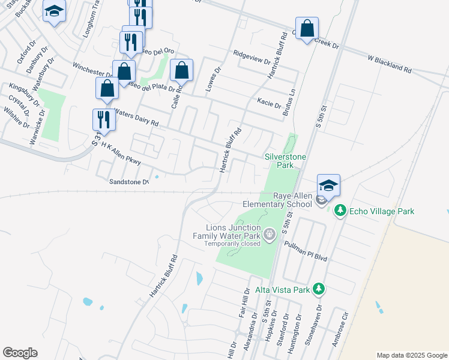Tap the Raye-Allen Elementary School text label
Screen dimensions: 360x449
point(292,200)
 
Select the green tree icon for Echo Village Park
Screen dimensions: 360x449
point(340,211)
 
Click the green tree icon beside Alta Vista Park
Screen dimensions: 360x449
point(319,290)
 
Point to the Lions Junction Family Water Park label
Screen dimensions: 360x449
point(234,232)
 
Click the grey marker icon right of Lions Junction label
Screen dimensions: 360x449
point(270,233)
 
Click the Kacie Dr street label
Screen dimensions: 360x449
point(268,103)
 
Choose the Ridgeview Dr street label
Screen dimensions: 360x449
point(252,58)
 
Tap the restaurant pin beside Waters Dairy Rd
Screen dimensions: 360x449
point(104,119)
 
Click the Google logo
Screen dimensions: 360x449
point(20,353)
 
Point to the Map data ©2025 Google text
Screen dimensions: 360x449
point(411,355)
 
